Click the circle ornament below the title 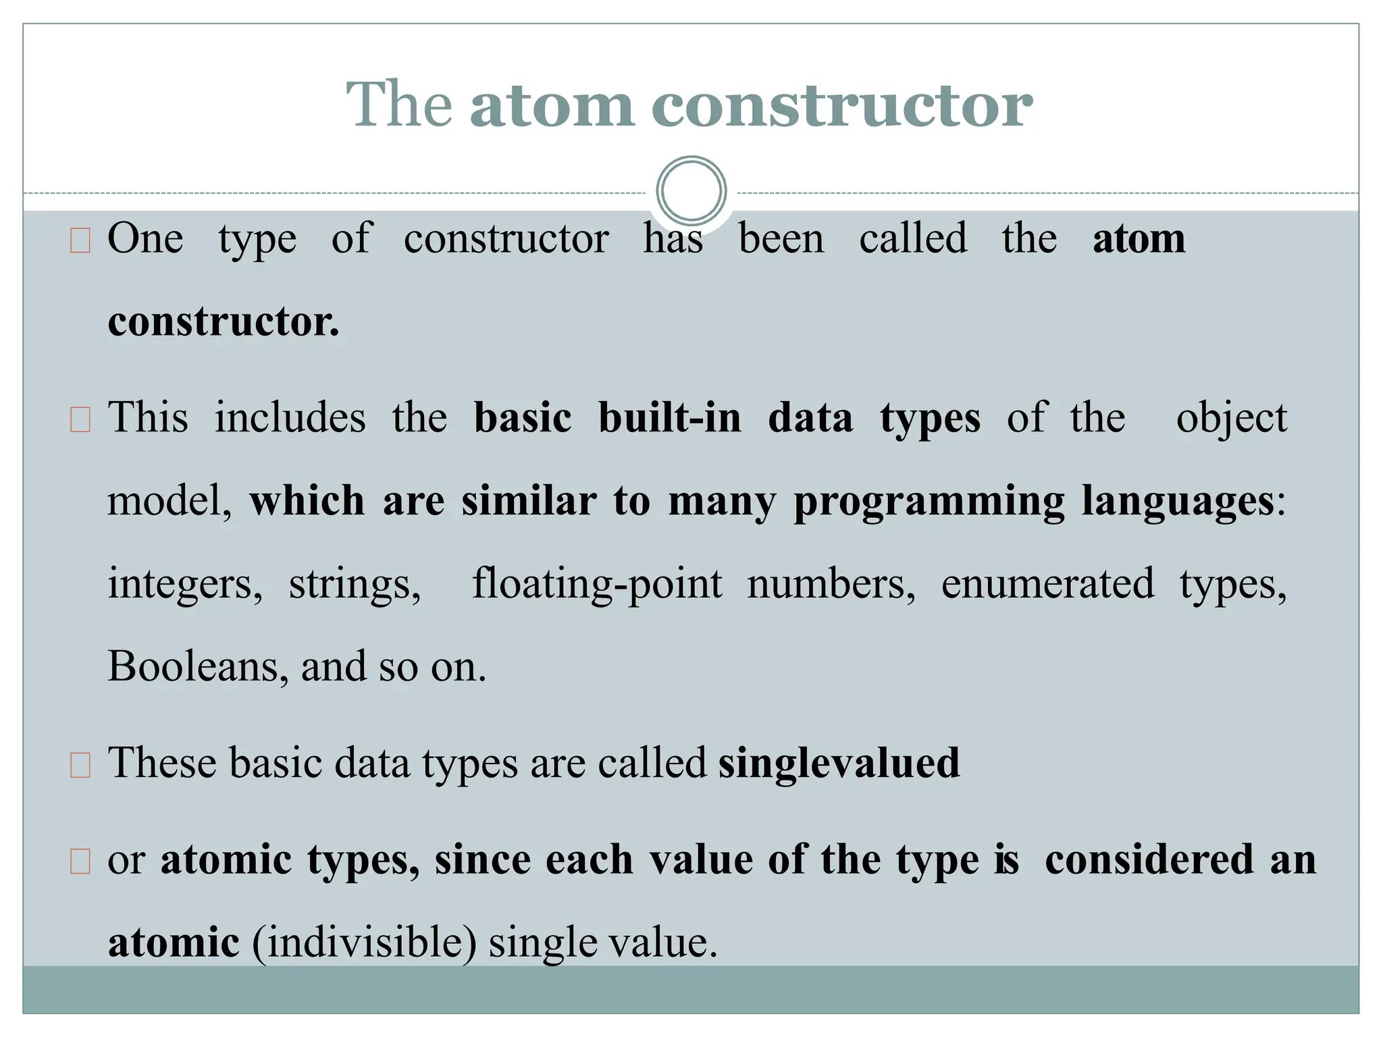coord(691,190)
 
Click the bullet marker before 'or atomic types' coord(80,862)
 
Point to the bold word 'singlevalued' coord(838,764)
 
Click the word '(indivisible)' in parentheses coord(364,942)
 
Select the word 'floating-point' coord(597,583)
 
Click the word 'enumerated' coord(1047,583)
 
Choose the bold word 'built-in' coord(670,418)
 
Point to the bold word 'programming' coord(929,502)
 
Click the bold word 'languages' coord(1178,502)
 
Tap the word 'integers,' coord(185,583)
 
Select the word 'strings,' coord(355,583)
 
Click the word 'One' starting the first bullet coord(145,238)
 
